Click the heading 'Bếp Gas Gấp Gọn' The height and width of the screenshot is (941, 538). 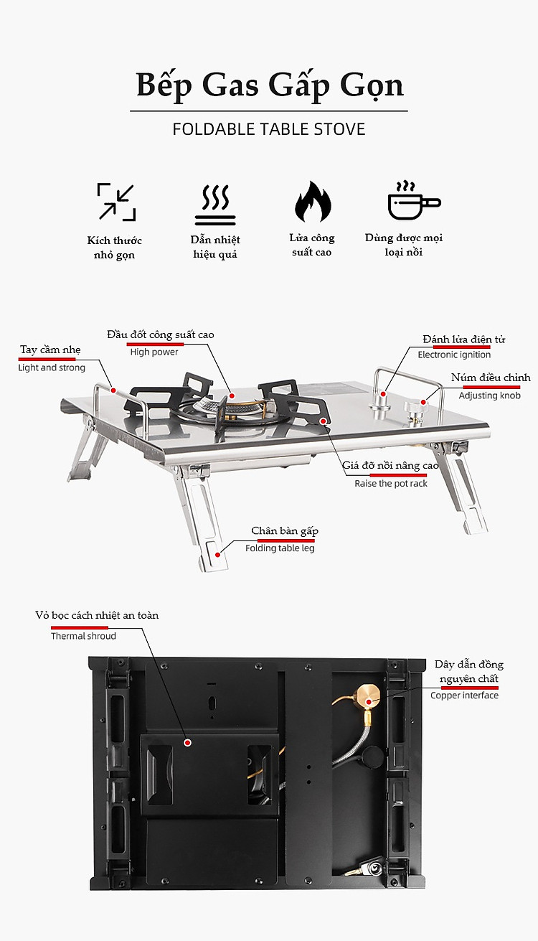(270, 85)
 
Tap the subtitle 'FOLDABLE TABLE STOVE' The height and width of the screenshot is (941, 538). (269, 129)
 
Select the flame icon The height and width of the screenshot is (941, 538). (313, 202)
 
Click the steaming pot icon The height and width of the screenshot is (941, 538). (414, 200)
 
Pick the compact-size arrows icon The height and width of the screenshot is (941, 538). (116, 202)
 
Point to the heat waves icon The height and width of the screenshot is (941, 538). (215, 205)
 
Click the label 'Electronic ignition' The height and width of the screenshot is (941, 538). (454, 355)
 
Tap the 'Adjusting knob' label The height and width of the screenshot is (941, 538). (489, 395)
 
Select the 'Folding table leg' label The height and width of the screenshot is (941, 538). (280, 548)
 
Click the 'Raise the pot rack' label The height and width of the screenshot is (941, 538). (390, 484)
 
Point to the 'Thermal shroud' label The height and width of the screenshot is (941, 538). (83, 636)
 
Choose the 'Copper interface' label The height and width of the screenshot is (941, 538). (464, 696)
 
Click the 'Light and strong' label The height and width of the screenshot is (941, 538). (51, 367)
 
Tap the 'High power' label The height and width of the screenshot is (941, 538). (154, 352)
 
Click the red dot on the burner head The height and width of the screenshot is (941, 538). (232, 395)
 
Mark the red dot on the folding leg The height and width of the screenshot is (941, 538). (217, 555)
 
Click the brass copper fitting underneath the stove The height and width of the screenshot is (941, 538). (367, 698)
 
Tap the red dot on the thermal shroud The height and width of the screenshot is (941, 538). (188, 743)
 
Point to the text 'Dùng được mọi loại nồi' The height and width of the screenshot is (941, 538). (404, 245)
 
